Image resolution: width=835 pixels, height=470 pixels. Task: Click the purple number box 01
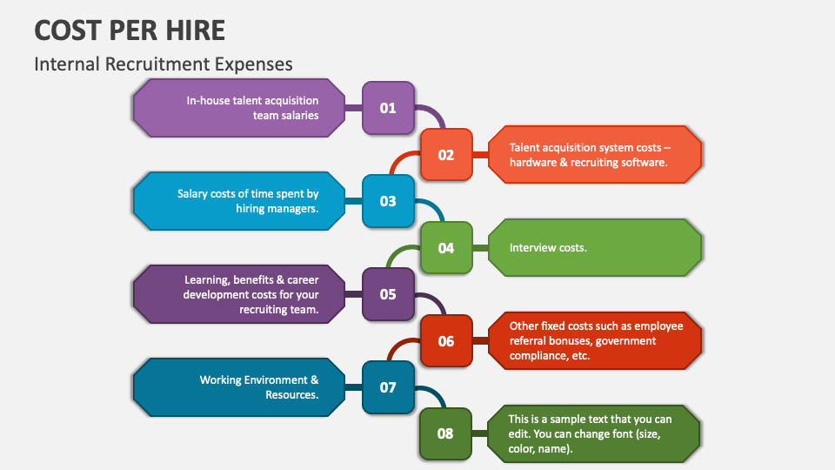(388, 108)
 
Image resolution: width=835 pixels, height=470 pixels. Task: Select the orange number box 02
(446, 155)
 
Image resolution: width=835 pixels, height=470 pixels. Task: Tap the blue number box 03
(388, 201)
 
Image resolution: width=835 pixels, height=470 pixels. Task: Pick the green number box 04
(446, 248)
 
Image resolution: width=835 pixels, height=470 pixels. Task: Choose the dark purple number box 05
(388, 294)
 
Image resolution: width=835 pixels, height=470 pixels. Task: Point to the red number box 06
(446, 341)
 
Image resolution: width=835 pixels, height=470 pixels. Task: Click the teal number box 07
(388, 387)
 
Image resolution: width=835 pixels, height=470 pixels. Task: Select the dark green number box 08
(446, 433)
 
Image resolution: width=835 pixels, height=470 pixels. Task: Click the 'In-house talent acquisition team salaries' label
(252, 108)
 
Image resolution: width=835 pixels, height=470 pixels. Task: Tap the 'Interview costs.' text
(548, 248)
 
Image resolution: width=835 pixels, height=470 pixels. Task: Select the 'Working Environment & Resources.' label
(259, 387)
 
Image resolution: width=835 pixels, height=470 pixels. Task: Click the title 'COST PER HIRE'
(130, 30)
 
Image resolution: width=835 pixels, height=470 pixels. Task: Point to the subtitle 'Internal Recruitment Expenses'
(164, 64)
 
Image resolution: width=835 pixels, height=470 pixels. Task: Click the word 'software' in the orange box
(639, 163)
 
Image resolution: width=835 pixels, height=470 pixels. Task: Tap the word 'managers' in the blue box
(292, 209)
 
